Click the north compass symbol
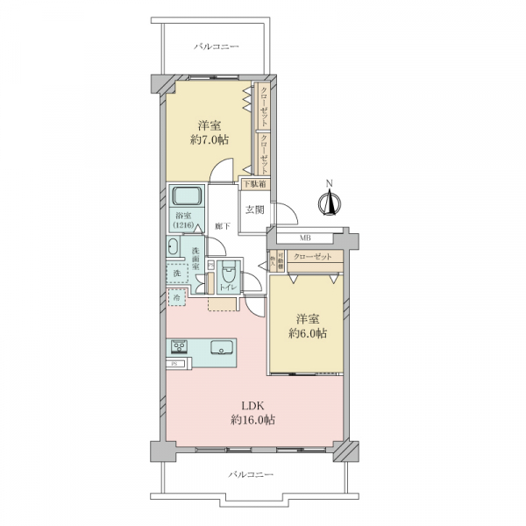329,201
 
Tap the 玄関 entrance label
254,209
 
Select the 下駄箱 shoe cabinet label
253,184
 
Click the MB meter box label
305,238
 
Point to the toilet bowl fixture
230,271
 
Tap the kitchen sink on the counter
220,345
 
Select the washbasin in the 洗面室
172,248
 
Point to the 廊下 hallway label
223,226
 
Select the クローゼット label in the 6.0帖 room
312,256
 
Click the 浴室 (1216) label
183,220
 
